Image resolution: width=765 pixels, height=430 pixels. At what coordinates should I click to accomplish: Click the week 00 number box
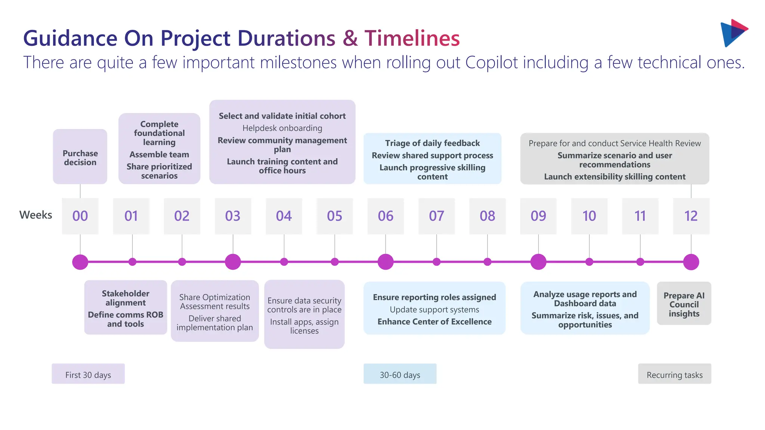(x=80, y=216)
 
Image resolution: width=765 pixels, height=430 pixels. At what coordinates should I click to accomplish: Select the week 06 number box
(x=385, y=216)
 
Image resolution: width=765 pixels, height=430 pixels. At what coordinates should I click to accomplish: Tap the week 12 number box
(x=691, y=216)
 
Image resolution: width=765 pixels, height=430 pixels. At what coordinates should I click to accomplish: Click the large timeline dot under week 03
(x=233, y=262)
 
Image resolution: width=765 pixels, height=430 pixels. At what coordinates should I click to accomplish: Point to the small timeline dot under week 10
(x=589, y=262)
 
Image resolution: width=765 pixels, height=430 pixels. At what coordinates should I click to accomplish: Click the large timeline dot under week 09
(x=538, y=262)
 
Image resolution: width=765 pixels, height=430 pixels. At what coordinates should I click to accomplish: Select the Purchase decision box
(x=80, y=157)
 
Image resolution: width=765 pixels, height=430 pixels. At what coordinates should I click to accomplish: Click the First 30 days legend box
(x=88, y=374)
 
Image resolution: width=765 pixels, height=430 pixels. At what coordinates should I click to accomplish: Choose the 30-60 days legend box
(x=400, y=374)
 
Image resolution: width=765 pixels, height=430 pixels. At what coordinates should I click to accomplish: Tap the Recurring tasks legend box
(x=674, y=374)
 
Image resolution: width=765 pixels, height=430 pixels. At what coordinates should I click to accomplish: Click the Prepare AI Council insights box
(x=684, y=303)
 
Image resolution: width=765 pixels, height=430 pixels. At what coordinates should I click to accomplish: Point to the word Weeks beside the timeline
(x=35, y=215)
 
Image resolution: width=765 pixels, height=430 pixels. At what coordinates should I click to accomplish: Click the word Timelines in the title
(x=412, y=38)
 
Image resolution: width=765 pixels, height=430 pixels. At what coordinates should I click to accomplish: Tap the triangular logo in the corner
(x=733, y=33)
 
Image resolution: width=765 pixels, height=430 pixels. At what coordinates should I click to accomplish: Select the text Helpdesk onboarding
(x=282, y=128)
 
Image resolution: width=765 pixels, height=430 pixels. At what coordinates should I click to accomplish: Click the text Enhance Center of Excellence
(x=434, y=322)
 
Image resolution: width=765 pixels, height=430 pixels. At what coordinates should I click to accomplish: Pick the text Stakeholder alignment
(x=126, y=298)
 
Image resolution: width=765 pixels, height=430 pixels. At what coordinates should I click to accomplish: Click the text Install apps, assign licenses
(x=304, y=326)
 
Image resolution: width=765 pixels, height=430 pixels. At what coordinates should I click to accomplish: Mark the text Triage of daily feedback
(x=432, y=143)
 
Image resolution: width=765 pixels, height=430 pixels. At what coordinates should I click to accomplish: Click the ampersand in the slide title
(x=350, y=38)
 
